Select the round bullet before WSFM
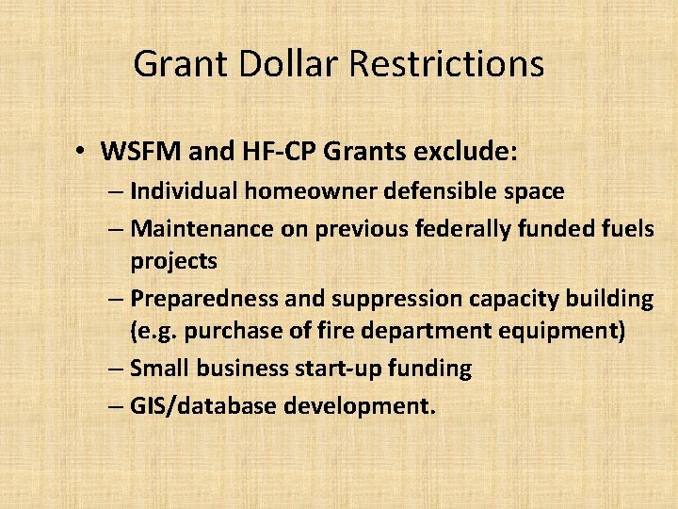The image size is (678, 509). tap(83, 151)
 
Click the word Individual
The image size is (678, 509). tap(184, 191)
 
